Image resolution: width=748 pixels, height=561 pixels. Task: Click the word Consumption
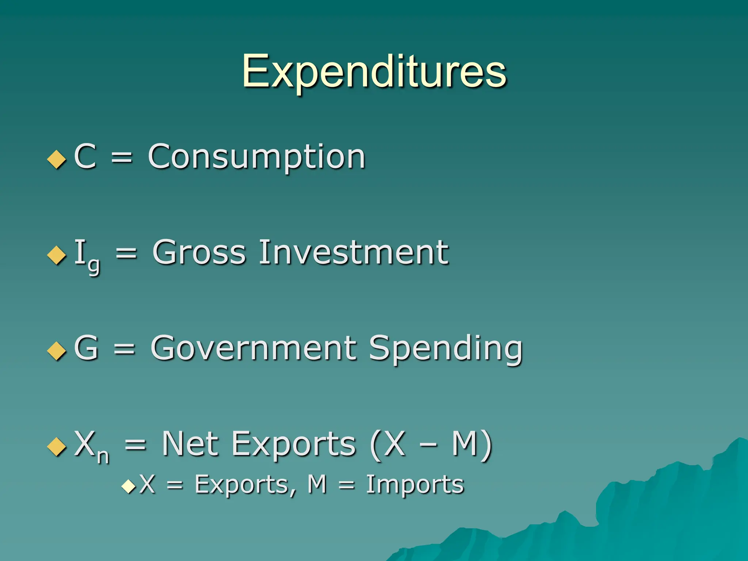pyautogui.click(x=256, y=157)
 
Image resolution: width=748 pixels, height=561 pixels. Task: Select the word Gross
pyautogui.click(x=199, y=252)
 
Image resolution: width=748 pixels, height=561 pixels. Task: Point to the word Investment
pyautogui.click(x=354, y=252)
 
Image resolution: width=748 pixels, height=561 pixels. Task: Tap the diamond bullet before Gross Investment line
pyautogui.click(x=57, y=255)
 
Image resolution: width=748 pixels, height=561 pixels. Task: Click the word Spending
pyautogui.click(x=446, y=349)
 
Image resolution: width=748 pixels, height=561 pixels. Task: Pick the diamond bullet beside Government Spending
pyautogui.click(x=57, y=351)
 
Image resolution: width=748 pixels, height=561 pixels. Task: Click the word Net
pyautogui.click(x=190, y=444)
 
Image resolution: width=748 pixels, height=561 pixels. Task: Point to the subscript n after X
pyautogui.click(x=103, y=456)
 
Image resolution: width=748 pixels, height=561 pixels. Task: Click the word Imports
pyautogui.click(x=415, y=485)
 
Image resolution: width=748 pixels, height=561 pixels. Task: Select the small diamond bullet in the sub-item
pyautogui.click(x=129, y=486)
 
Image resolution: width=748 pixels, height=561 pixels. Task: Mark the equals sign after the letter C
pyautogui.click(x=122, y=158)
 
